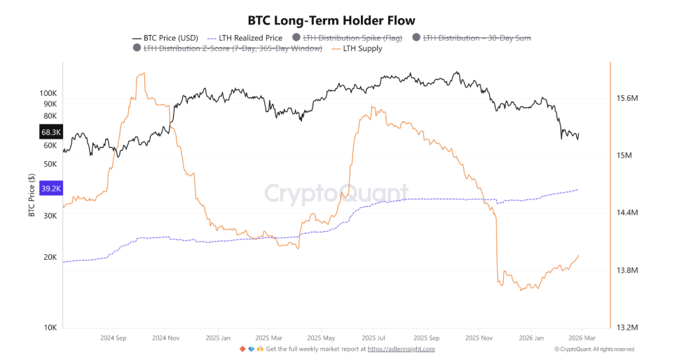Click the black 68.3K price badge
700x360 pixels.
(52, 132)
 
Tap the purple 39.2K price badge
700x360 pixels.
(52, 188)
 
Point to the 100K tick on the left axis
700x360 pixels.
(48, 92)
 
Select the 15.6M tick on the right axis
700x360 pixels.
(626, 99)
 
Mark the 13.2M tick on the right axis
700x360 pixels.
(626, 327)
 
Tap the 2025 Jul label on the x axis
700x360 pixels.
(373, 337)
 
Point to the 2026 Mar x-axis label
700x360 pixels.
(581, 337)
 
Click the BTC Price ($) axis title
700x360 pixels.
(32, 196)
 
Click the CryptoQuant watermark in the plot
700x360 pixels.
(336, 193)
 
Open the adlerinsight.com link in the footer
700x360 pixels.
(401, 349)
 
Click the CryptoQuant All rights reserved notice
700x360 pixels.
(594, 349)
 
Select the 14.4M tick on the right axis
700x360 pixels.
(626, 213)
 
